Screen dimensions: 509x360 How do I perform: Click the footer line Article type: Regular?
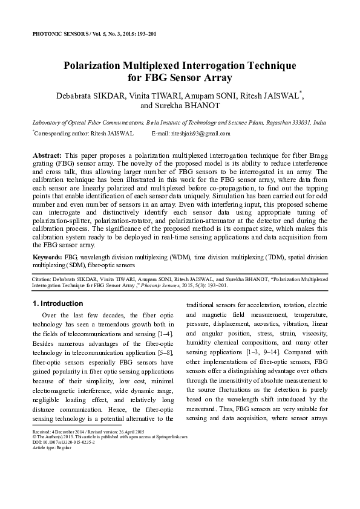(50, 447)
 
